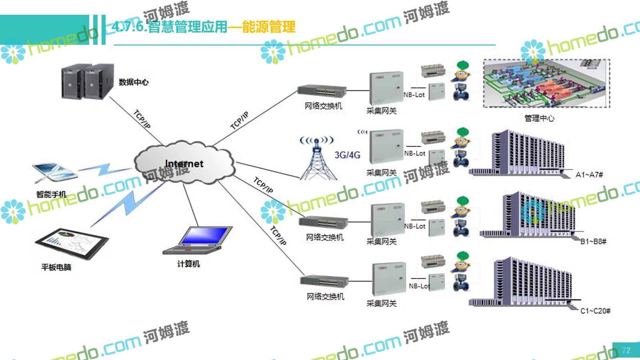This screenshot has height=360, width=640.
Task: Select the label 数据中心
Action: pos(134,82)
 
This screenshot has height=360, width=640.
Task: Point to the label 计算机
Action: pos(188,264)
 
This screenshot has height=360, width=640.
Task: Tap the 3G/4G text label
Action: pos(347,155)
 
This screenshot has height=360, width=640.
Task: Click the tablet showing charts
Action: pos(72,244)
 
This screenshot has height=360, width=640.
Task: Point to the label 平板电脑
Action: pos(56,267)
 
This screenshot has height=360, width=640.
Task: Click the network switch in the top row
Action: pos(322,91)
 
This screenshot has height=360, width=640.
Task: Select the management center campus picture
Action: pos(546,84)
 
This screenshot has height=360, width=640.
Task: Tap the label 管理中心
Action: pos(539,118)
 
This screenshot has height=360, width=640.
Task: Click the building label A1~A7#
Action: pos(589,175)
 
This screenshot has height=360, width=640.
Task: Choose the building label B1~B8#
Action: pos(593,242)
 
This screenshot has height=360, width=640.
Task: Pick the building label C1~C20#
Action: pos(595,311)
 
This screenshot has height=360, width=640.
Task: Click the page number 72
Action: pos(626,350)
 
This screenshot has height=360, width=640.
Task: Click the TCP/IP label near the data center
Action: pos(142,119)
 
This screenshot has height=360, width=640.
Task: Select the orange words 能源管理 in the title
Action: pos(269,27)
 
